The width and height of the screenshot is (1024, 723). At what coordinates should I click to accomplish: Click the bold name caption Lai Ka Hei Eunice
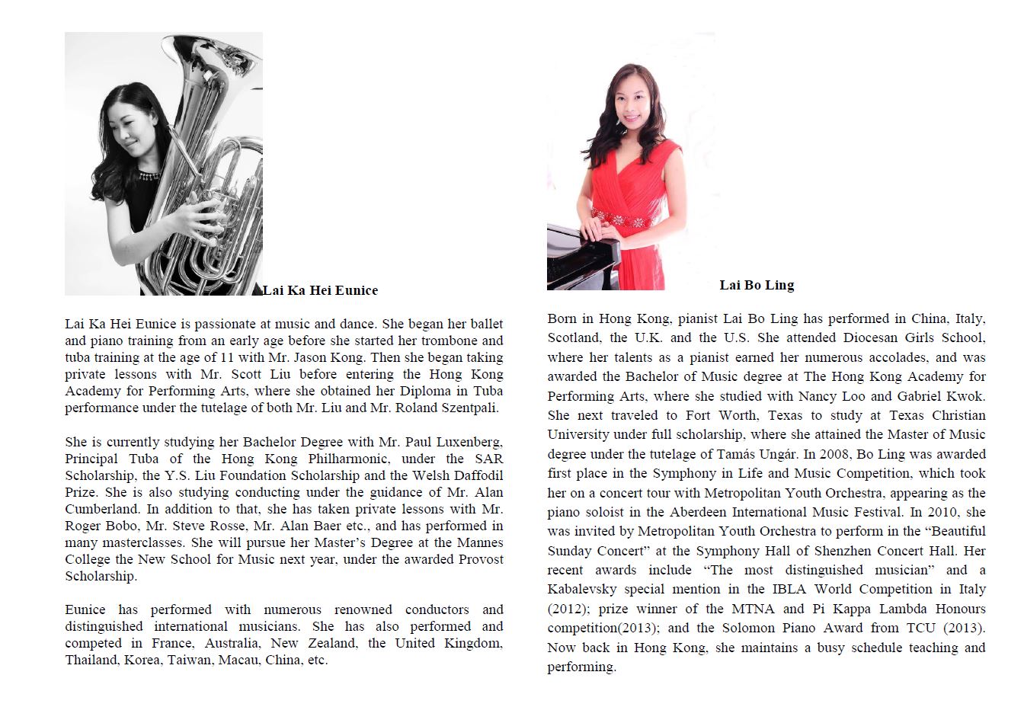pyautogui.click(x=321, y=290)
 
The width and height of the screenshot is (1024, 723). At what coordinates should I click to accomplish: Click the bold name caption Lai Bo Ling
pyautogui.click(x=757, y=285)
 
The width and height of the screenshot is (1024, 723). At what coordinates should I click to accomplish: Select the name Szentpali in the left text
pyautogui.click(x=469, y=408)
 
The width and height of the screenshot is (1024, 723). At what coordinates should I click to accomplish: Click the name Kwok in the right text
pyautogui.click(x=968, y=396)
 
